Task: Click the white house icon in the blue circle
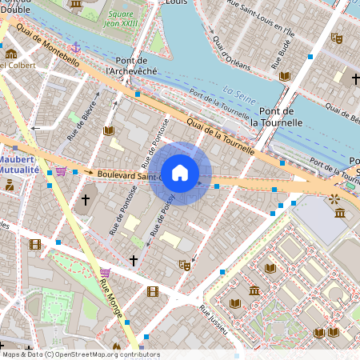point(180,173)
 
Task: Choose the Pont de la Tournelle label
point(277,117)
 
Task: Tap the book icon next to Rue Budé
point(285,76)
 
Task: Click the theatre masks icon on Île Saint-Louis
point(337,37)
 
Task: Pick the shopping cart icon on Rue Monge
point(105,272)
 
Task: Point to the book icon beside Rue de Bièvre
point(109,130)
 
